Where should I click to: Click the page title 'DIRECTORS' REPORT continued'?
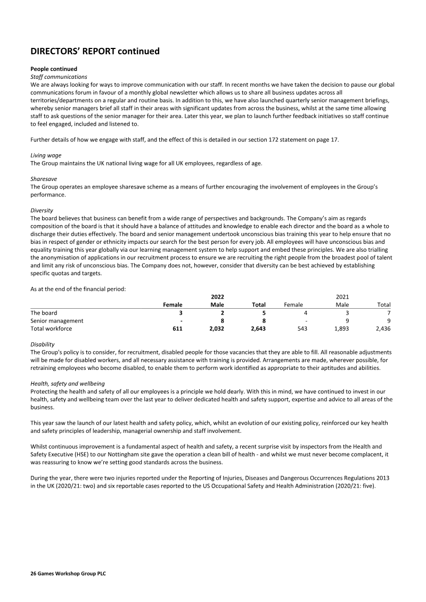95,52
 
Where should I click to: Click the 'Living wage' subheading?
46,155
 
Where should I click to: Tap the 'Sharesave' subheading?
45,180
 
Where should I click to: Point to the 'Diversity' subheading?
42,210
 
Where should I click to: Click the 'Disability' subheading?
43,344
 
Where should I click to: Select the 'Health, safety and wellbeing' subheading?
68,384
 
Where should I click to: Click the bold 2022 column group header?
217,296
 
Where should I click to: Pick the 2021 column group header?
342,296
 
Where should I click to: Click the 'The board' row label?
44,313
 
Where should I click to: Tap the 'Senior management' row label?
57,321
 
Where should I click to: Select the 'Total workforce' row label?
51,329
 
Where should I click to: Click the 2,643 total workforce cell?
258,329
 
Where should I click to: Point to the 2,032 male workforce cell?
213,329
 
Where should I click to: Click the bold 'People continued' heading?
54,69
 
